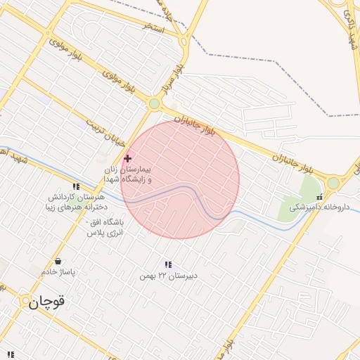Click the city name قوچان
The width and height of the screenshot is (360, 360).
click(x=47, y=302)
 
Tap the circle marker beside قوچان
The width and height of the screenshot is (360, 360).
click(x=25, y=302)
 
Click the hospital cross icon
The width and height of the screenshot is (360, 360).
click(x=127, y=159)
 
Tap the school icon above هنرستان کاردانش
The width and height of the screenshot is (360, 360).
click(x=76, y=186)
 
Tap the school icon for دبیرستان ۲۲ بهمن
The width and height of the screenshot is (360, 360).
click(x=169, y=264)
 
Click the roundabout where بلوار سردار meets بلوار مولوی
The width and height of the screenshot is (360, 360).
click(x=154, y=105)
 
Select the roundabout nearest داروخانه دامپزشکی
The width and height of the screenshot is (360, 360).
click(x=333, y=183)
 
